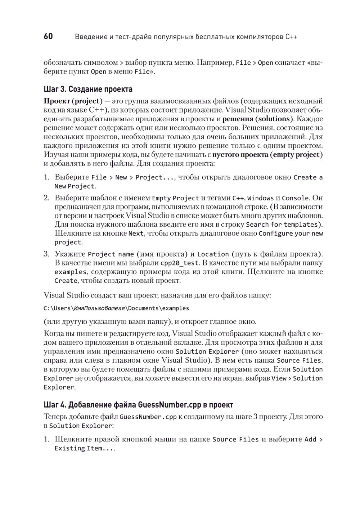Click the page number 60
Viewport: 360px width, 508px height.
click(x=48, y=36)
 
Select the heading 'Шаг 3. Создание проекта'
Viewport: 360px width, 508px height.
click(x=88, y=89)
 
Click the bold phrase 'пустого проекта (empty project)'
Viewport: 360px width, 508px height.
click(x=267, y=155)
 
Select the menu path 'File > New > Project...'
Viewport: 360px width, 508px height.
click(x=133, y=177)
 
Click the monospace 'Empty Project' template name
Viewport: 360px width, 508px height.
click(x=175, y=198)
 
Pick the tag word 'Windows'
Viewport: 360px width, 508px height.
click(x=260, y=198)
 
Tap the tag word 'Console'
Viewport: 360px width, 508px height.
click(x=295, y=198)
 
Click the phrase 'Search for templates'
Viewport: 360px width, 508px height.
click(x=282, y=225)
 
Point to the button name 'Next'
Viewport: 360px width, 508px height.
click(x=136, y=233)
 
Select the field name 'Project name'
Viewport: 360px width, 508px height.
click(x=111, y=254)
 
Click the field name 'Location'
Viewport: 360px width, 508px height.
click(x=213, y=254)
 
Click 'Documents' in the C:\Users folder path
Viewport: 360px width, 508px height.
click(x=144, y=308)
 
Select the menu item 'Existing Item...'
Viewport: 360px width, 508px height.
click(x=84, y=449)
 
